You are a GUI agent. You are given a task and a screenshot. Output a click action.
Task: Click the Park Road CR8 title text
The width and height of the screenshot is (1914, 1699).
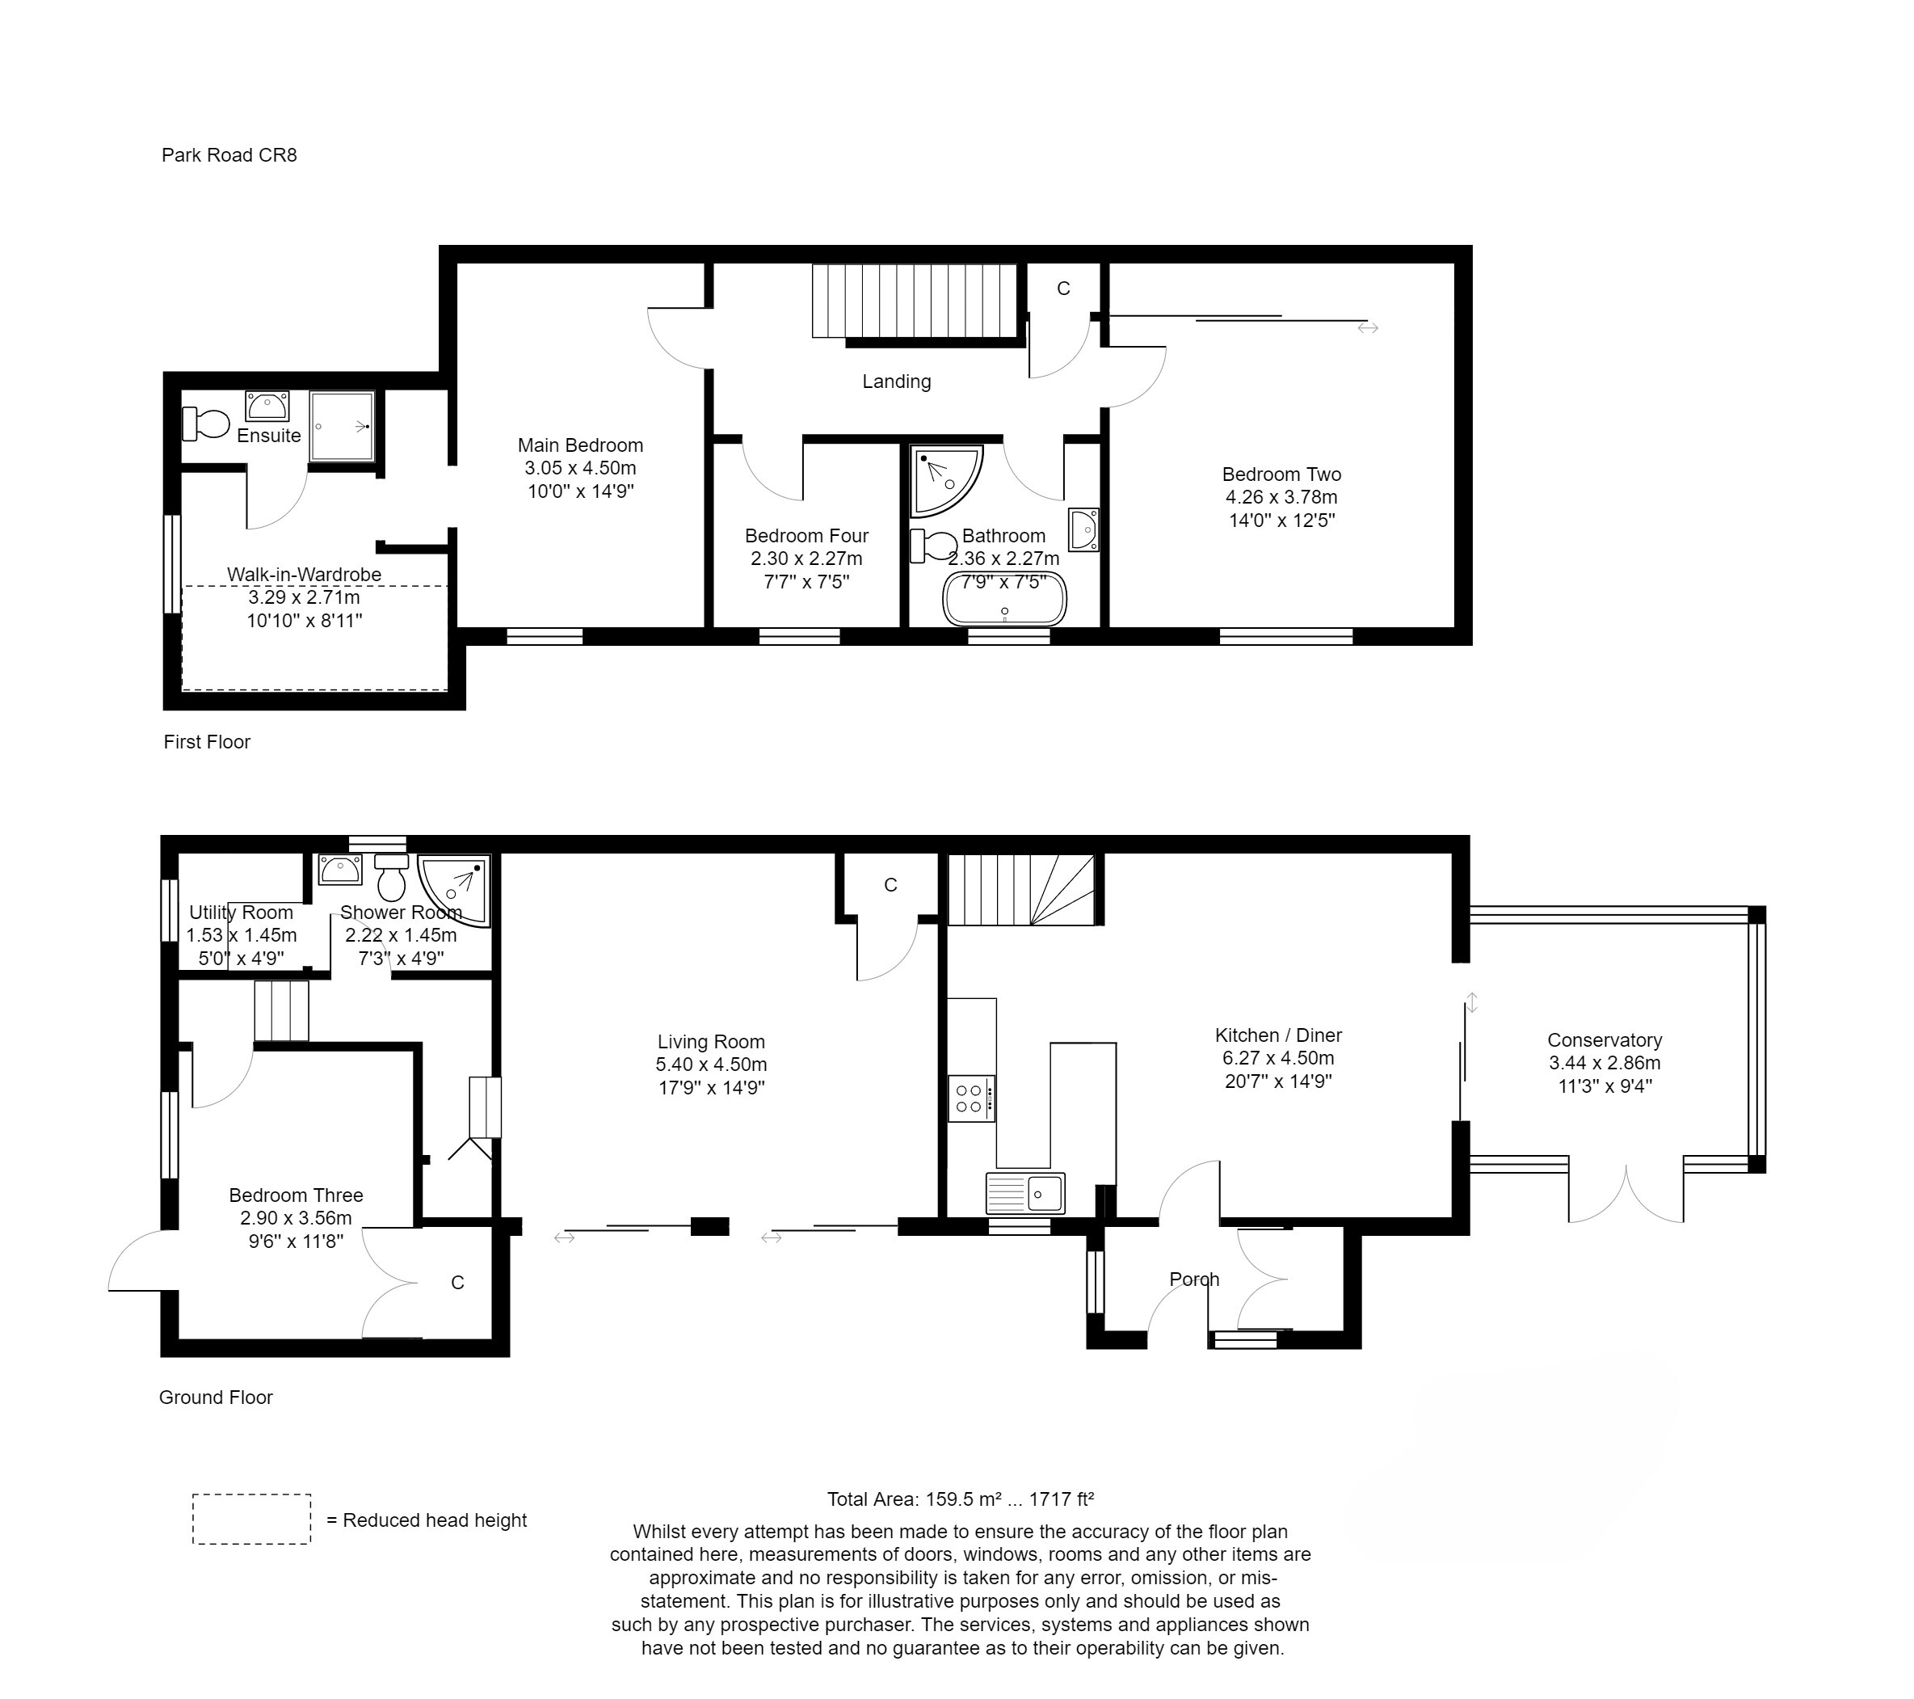[x=229, y=155]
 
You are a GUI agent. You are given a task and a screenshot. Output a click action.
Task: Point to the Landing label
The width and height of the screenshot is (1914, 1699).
[x=896, y=382]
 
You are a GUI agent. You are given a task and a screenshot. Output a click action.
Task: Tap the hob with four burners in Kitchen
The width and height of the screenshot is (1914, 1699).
[x=970, y=1098]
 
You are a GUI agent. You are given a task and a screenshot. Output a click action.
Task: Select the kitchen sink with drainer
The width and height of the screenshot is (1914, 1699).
[x=1024, y=1193]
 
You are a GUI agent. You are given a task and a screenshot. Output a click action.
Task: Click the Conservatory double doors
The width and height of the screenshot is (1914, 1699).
[x=1626, y=1195]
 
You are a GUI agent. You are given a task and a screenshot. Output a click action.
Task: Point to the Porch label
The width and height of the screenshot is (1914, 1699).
[x=1194, y=1280]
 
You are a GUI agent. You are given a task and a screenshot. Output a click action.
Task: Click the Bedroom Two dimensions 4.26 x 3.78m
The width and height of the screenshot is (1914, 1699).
[x=1281, y=497]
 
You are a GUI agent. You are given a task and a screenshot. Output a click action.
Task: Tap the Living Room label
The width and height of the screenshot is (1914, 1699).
[x=711, y=1042]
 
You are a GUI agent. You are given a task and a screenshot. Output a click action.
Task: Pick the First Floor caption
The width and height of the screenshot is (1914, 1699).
[x=207, y=742]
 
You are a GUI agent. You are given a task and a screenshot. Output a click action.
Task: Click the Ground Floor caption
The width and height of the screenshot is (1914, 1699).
[x=216, y=1398]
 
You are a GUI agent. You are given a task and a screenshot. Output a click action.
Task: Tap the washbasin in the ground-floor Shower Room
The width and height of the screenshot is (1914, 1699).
[x=339, y=870]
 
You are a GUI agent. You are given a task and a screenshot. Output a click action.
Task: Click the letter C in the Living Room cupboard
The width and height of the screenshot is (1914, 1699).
[x=890, y=885]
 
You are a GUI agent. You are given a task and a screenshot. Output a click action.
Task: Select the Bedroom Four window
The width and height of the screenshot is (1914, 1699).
[x=799, y=637]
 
